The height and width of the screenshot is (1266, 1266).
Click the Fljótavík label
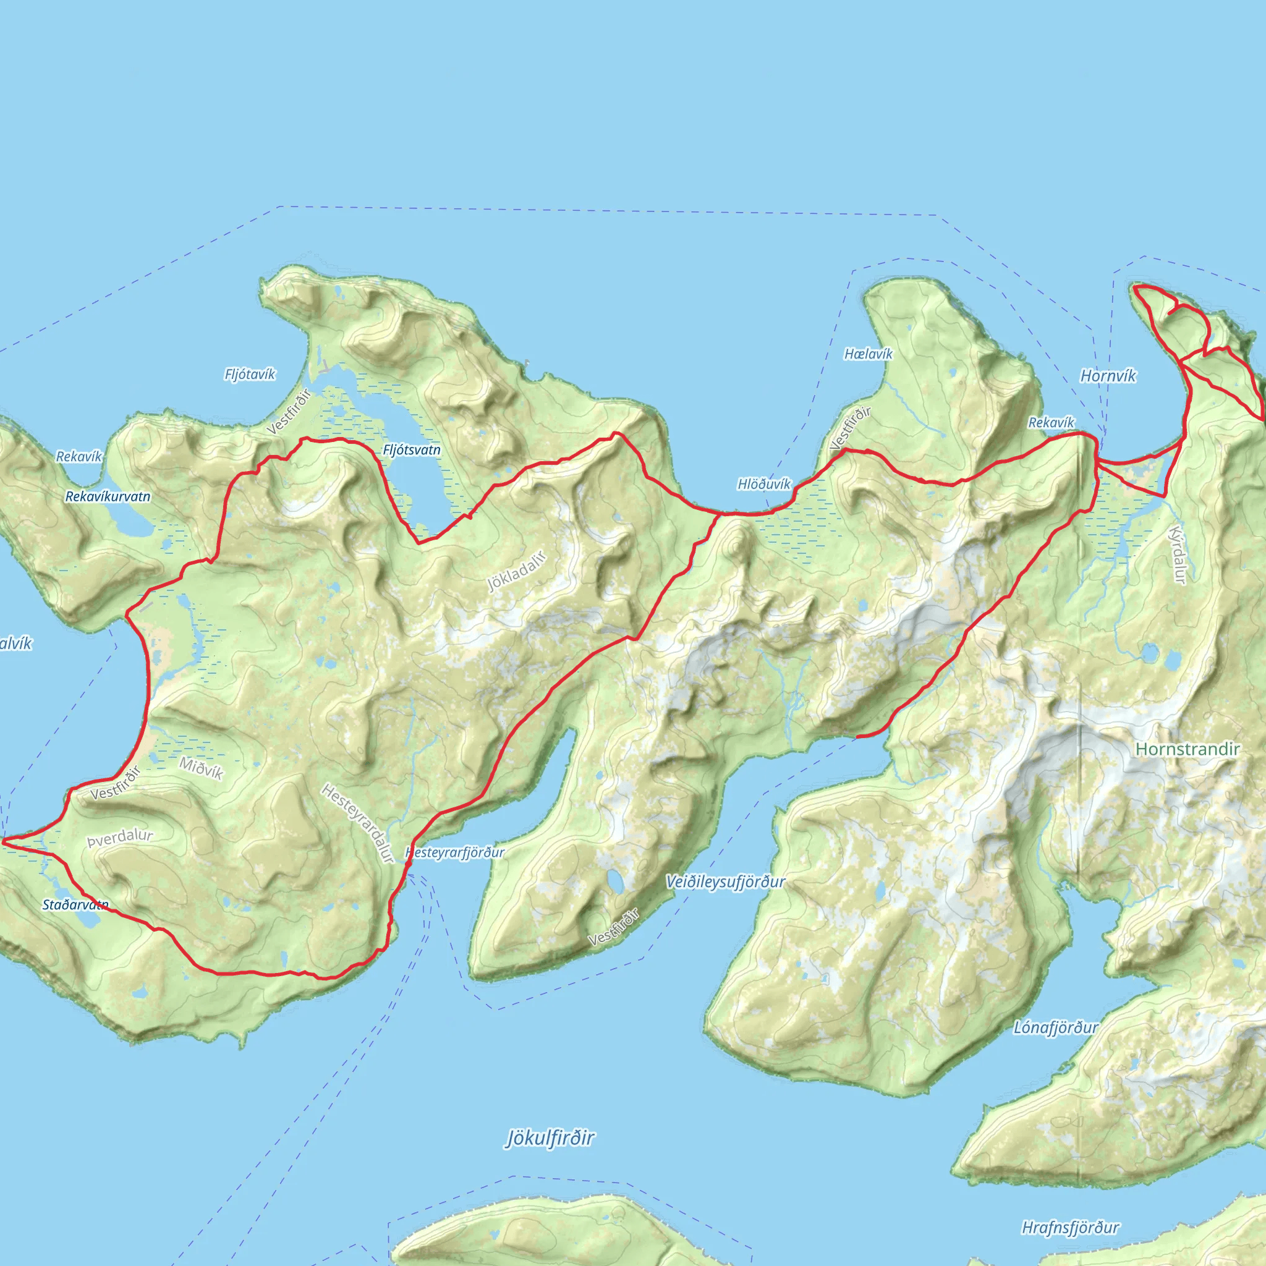[x=250, y=374]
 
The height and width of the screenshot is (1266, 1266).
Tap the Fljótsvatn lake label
[x=412, y=450]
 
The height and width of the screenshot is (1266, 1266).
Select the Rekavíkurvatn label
[x=108, y=497]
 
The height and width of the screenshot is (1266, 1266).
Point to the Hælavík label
[x=869, y=354]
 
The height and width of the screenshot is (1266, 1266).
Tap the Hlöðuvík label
[x=764, y=484]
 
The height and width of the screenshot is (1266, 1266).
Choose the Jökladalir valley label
[x=517, y=571]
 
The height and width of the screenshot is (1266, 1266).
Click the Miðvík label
[x=201, y=768]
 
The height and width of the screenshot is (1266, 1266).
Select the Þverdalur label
[x=120, y=838]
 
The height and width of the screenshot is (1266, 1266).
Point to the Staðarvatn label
[x=75, y=905]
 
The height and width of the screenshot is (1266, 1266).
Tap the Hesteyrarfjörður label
[x=456, y=852]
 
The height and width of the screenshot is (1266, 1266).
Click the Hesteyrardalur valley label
[x=358, y=823]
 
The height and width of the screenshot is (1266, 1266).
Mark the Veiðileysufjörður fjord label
[x=725, y=882]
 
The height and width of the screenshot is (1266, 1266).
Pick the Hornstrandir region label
[x=1187, y=749]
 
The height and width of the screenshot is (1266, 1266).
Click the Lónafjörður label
[x=1056, y=1027]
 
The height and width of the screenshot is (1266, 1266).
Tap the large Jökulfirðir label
[x=550, y=1138]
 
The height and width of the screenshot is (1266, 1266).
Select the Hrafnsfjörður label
[x=1071, y=1227]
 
